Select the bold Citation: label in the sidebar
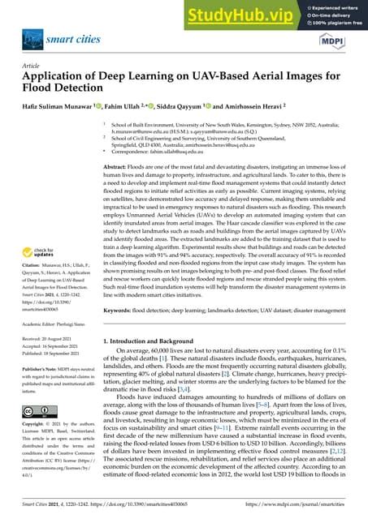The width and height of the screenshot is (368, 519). pos(32,266)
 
